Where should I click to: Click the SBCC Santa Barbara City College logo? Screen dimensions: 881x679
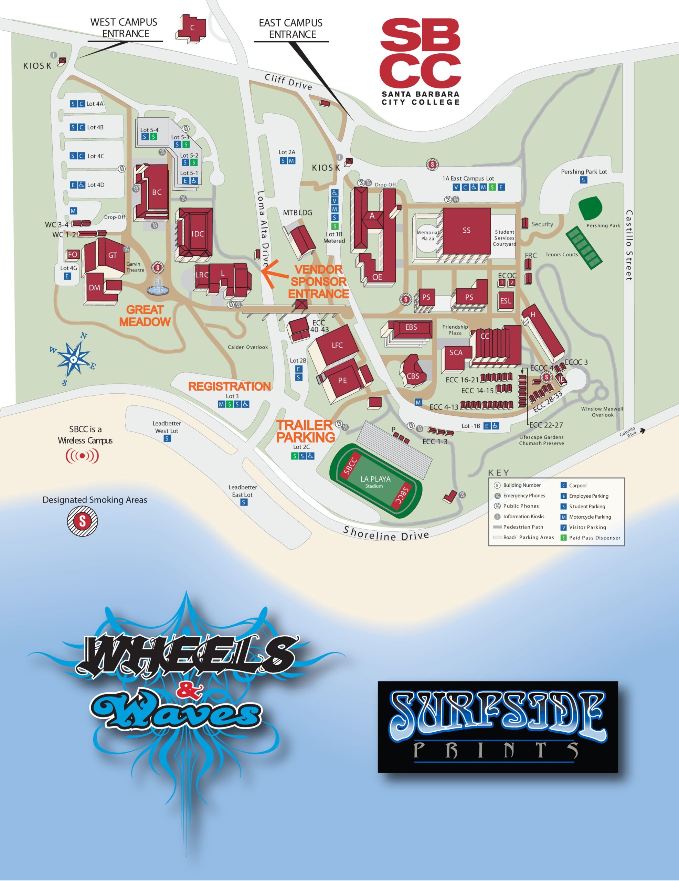[x=421, y=61]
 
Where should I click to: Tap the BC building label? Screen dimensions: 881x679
[x=157, y=192]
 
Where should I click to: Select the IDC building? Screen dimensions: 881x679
[x=197, y=234]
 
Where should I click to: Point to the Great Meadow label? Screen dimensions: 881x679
[x=145, y=316]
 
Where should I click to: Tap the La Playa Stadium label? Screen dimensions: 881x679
[x=375, y=481]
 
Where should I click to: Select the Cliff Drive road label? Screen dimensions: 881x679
[x=288, y=82]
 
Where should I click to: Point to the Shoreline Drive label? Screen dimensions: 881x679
[x=386, y=534]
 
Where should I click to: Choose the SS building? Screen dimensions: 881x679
[x=466, y=231]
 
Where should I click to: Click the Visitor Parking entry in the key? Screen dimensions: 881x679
[x=587, y=527]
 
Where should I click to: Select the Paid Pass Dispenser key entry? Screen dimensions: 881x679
[x=594, y=538]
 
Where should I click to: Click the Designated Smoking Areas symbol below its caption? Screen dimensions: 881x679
[x=82, y=521]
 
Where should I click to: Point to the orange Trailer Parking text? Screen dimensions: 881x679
[x=305, y=431]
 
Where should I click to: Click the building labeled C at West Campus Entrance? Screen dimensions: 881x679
[x=192, y=28]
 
